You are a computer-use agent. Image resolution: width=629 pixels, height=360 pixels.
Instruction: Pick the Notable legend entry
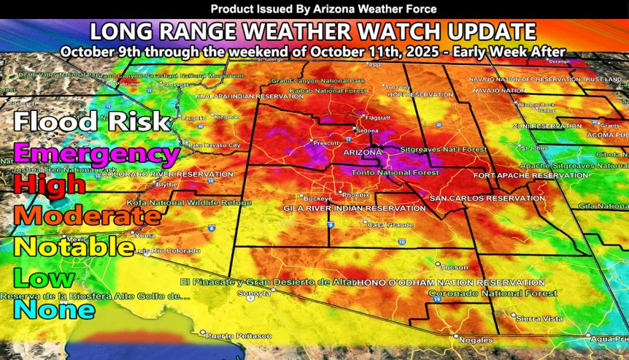pyautogui.click(x=74, y=247)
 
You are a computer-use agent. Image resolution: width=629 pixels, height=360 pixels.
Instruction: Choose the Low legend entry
pyautogui.click(x=45, y=278)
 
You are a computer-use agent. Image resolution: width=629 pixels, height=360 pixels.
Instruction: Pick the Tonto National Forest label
pyautogui.click(x=395, y=172)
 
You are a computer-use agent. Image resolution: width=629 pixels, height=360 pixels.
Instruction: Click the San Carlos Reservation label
pyautogui.click(x=477, y=199)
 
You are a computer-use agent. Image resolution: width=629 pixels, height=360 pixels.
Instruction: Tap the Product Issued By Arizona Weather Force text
pyautogui.click(x=314, y=9)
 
